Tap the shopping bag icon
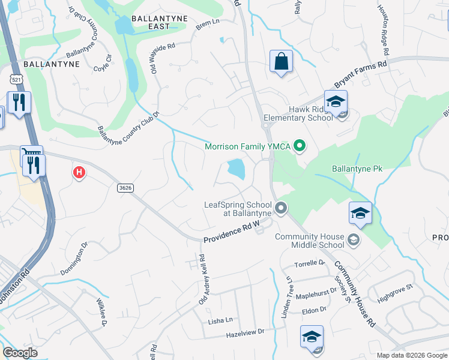281,61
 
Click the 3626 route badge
125,188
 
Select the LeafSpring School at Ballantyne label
240,209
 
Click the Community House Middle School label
309,241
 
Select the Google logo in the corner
20,352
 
